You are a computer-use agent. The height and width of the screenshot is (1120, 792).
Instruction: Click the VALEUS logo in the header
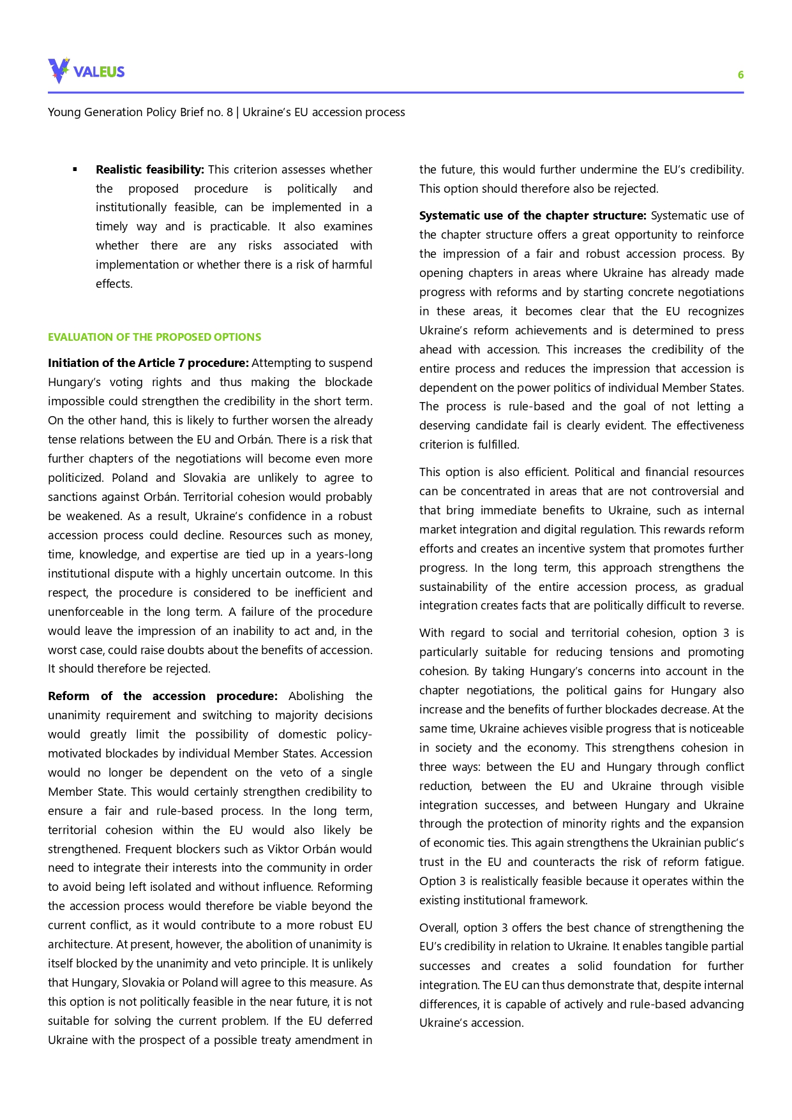(x=86, y=71)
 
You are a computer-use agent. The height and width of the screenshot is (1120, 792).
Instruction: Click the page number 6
(x=740, y=75)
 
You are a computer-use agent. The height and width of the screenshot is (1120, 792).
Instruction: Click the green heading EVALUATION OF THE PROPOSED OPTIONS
(x=154, y=337)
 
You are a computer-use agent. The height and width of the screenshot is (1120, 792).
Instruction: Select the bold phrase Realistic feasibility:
(x=149, y=170)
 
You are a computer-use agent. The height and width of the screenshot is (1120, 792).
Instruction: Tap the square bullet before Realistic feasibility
(x=75, y=169)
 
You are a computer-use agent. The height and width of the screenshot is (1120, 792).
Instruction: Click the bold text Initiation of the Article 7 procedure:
(x=148, y=363)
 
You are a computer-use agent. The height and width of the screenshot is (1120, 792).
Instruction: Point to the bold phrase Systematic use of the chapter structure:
(x=532, y=216)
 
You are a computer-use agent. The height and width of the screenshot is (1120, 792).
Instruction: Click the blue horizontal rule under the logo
(x=396, y=93)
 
